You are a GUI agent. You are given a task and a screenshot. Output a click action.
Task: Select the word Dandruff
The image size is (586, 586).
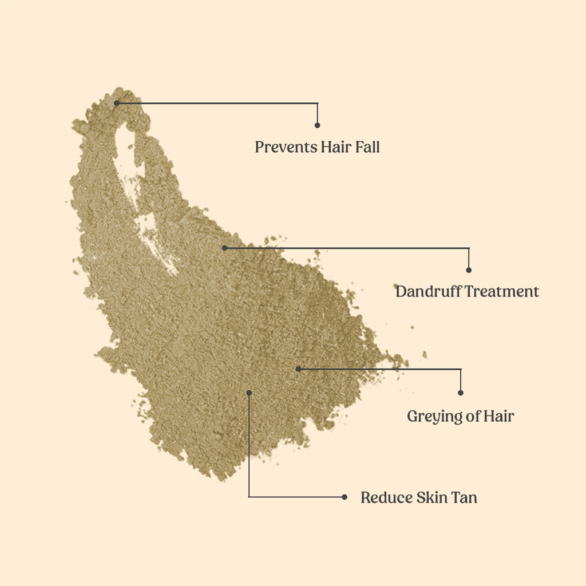(x=428, y=291)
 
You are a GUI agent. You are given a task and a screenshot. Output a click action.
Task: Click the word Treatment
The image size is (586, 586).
(x=501, y=291)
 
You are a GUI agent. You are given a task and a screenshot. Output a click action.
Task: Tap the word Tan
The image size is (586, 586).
(x=464, y=497)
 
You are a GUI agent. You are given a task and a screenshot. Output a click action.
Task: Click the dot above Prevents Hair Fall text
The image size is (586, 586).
(x=318, y=125)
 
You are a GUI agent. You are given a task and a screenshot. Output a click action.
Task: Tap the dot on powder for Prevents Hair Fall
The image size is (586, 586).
(x=116, y=103)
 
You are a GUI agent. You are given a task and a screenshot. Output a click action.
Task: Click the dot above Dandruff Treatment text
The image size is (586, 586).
(x=469, y=270)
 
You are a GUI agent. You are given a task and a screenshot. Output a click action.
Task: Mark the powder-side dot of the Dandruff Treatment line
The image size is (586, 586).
(x=224, y=248)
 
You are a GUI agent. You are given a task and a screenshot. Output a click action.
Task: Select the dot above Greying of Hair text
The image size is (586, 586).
(x=461, y=393)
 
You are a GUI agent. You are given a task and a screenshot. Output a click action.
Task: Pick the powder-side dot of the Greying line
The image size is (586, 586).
(x=298, y=369)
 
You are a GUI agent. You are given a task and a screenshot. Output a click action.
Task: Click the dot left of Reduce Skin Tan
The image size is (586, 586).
(x=344, y=497)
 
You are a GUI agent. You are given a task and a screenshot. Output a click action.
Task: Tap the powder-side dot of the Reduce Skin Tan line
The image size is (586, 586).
(x=249, y=392)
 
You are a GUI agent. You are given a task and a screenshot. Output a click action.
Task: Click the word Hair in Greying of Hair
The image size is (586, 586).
(x=498, y=416)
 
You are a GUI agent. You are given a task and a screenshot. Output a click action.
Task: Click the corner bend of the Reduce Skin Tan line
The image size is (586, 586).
(x=249, y=497)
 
